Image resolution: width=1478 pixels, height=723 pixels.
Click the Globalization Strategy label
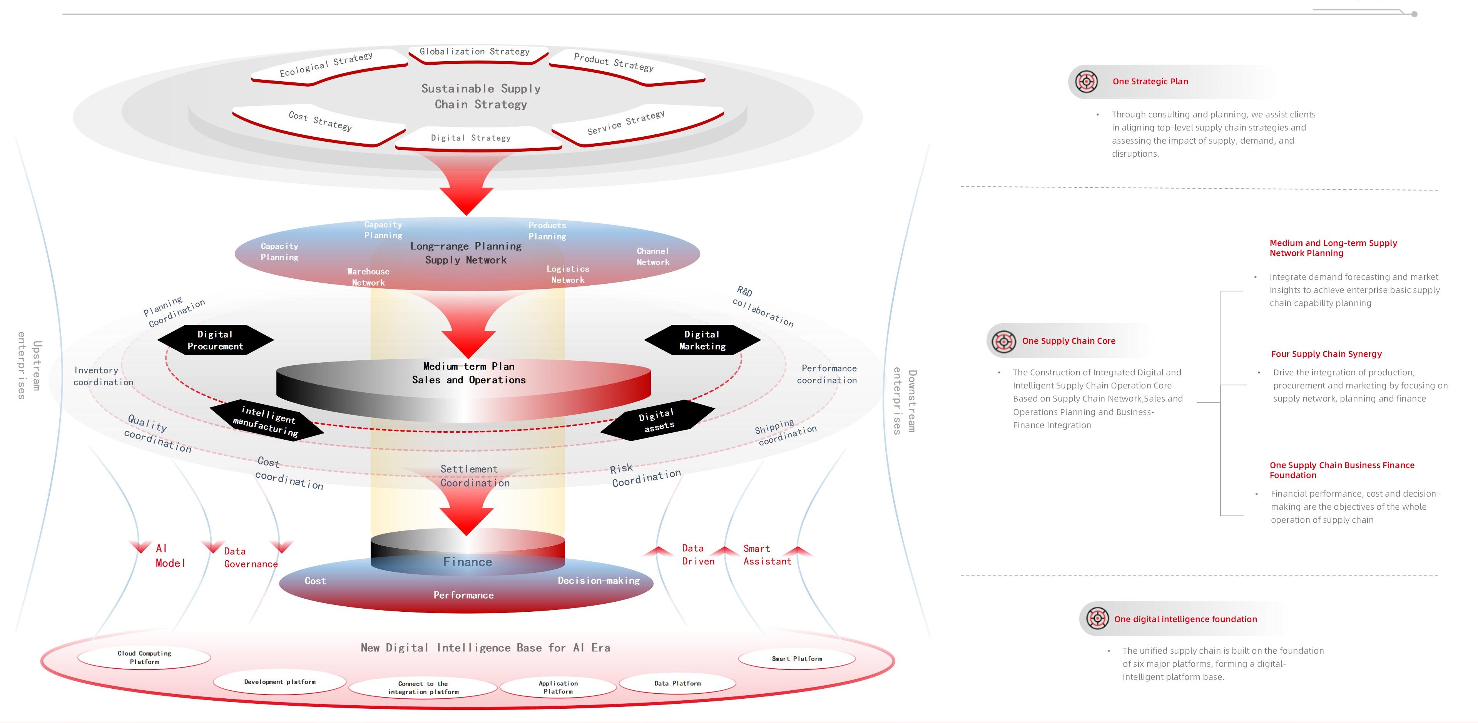[475, 52]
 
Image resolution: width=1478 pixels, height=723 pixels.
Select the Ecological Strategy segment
[326, 65]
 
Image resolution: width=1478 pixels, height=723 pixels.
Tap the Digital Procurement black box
[215, 340]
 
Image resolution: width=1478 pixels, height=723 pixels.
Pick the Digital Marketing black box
[702, 340]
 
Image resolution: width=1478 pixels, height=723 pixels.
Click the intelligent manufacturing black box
[266, 421]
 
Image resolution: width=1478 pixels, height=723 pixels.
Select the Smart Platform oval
[796, 659]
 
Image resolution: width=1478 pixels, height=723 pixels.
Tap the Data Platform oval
[677, 683]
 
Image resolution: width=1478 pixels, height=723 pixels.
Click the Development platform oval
[279, 682]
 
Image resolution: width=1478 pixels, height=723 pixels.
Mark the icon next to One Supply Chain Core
[1003, 341]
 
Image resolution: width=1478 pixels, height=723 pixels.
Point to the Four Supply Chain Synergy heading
[1326, 354]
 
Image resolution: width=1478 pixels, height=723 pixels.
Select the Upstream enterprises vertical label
[29, 365]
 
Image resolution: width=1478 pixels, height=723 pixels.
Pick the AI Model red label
[170, 556]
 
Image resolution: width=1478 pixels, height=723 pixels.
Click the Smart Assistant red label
[767, 555]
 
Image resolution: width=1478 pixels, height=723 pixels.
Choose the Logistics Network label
[567, 274]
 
